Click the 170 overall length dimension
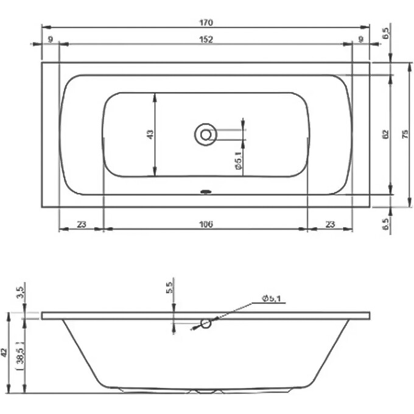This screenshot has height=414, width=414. (x=205, y=23)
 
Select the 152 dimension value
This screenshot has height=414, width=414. (x=205, y=40)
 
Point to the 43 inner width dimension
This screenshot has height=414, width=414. (x=150, y=134)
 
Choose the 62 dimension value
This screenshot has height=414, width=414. (x=385, y=135)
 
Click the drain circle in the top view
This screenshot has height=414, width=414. (x=206, y=134)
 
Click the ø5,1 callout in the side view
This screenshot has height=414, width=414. (x=270, y=298)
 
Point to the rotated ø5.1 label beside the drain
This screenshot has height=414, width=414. (x=239, y=163)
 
